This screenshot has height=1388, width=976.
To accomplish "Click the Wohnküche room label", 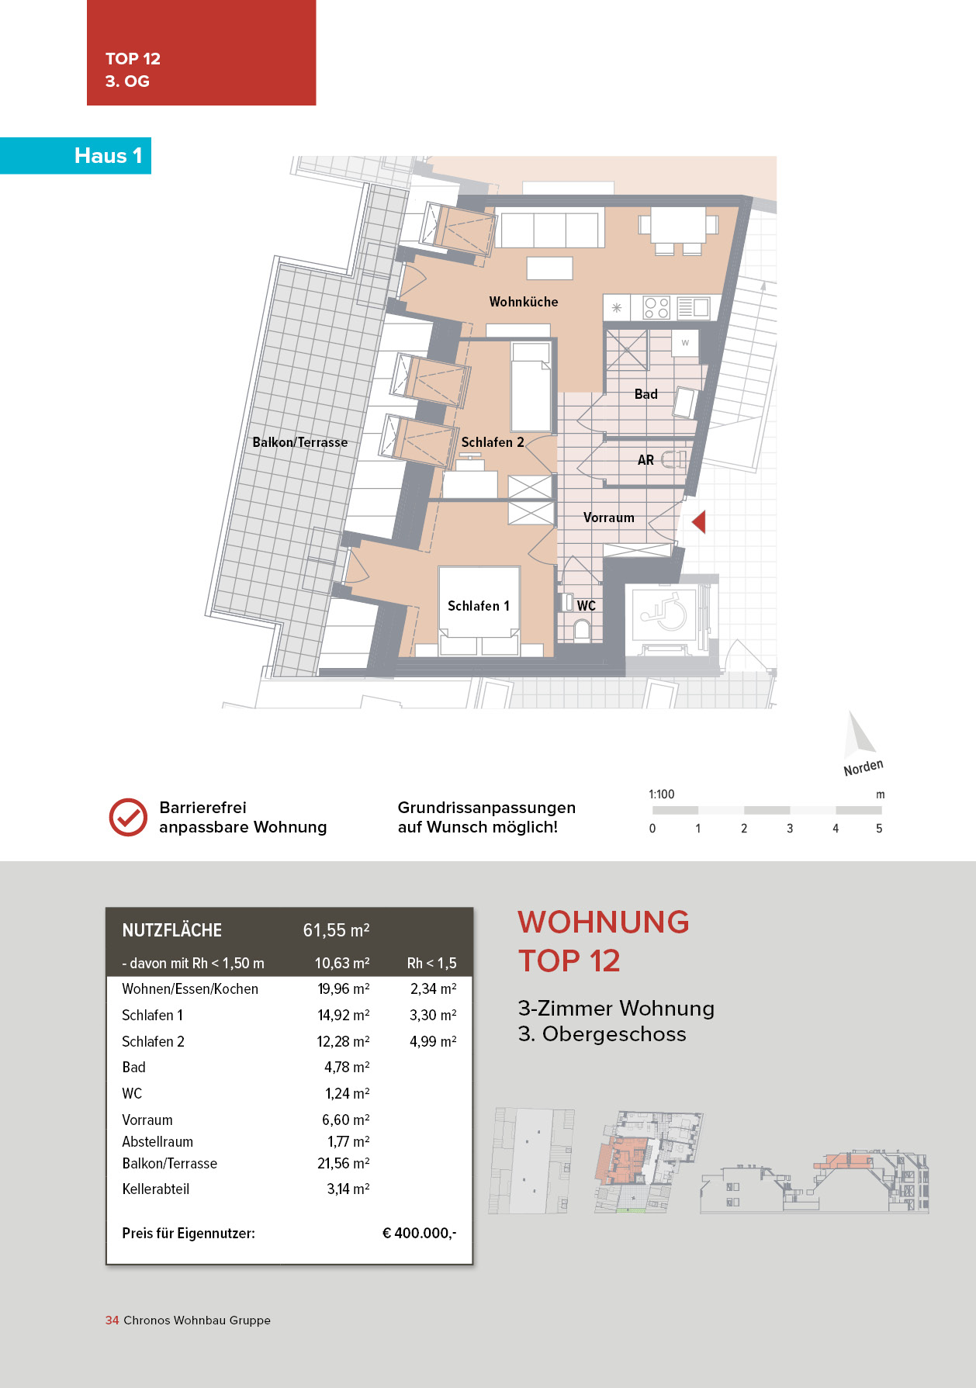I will pyautogui.click(x=523, y=302).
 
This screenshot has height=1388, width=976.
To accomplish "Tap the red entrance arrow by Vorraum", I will pyautogui.click(x=699, y=521).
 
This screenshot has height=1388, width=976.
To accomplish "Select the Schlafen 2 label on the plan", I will pyautogui.click(x=492, y=442).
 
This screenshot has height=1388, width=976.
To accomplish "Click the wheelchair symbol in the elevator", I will pyautogui.click(x=664, y=613).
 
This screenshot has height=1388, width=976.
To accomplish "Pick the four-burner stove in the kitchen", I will pyautogui.click(x=656, y=308).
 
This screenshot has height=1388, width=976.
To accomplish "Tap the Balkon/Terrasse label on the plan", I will pyautogui.click(x=299, y=442).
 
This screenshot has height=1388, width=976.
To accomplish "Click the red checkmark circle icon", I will pyautogui.click(x=128, y=817).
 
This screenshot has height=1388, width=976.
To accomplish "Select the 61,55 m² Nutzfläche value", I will pyautogui.click(x=336, y=930).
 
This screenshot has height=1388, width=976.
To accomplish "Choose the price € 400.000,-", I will pyautogui.click(x=419, y=1233).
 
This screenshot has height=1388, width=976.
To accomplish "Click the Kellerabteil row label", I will pyautogui.click(x=155, y=1189).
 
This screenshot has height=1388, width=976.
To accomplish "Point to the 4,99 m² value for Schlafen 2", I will pyautogui.click(x=433, y=1041).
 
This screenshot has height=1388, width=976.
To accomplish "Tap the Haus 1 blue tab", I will pyautogui.click(x=108, y=156).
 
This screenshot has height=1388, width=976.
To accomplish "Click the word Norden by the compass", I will pyautogui.click(x=863, y=767).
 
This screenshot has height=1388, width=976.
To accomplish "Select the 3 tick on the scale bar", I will pyautogui.click(x=790, y=828).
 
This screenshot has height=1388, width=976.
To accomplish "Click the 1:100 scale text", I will pyautogui.click(x=661, y=794).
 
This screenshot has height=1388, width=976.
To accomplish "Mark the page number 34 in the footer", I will pyautogui.click(x=112, y=1320).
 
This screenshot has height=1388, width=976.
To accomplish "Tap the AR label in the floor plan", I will pyautogui.click(x=645, y=460).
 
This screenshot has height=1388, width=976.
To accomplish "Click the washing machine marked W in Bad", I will pyautogui.click(x=685, y=342).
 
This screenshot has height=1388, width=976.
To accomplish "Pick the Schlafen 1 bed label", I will pyautogui.click(x=478, y=606).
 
